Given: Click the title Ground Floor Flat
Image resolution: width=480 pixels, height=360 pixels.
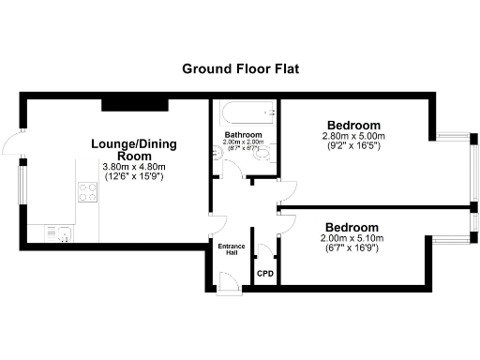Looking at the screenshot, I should click(x=239, y=68).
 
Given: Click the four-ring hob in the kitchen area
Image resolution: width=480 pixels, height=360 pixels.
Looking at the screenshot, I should click(x=88, y=192).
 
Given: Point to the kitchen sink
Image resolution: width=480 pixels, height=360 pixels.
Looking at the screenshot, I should click(x=62, y=232).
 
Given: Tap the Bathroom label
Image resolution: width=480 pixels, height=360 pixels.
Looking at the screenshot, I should click(x=243, y=135).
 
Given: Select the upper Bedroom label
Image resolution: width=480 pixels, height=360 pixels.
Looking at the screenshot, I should click(x=353, y=126).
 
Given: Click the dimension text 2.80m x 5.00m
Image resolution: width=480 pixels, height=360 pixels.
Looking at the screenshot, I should click(x=353, y=137).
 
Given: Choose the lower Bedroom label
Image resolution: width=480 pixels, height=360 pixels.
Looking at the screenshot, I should click(x=352, y=227).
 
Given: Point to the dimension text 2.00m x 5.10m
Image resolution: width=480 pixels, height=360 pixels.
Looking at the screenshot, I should click(x=352, y=238).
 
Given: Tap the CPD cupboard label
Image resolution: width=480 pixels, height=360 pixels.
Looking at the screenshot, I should click(x=266, y=274).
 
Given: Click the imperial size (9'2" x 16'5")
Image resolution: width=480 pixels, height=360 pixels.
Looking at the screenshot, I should click(x=353, y=147).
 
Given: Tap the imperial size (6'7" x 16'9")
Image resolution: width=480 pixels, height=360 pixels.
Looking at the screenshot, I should click(x=352, y=248).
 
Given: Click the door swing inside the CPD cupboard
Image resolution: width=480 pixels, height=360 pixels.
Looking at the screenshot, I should click(x=265, y=250).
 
